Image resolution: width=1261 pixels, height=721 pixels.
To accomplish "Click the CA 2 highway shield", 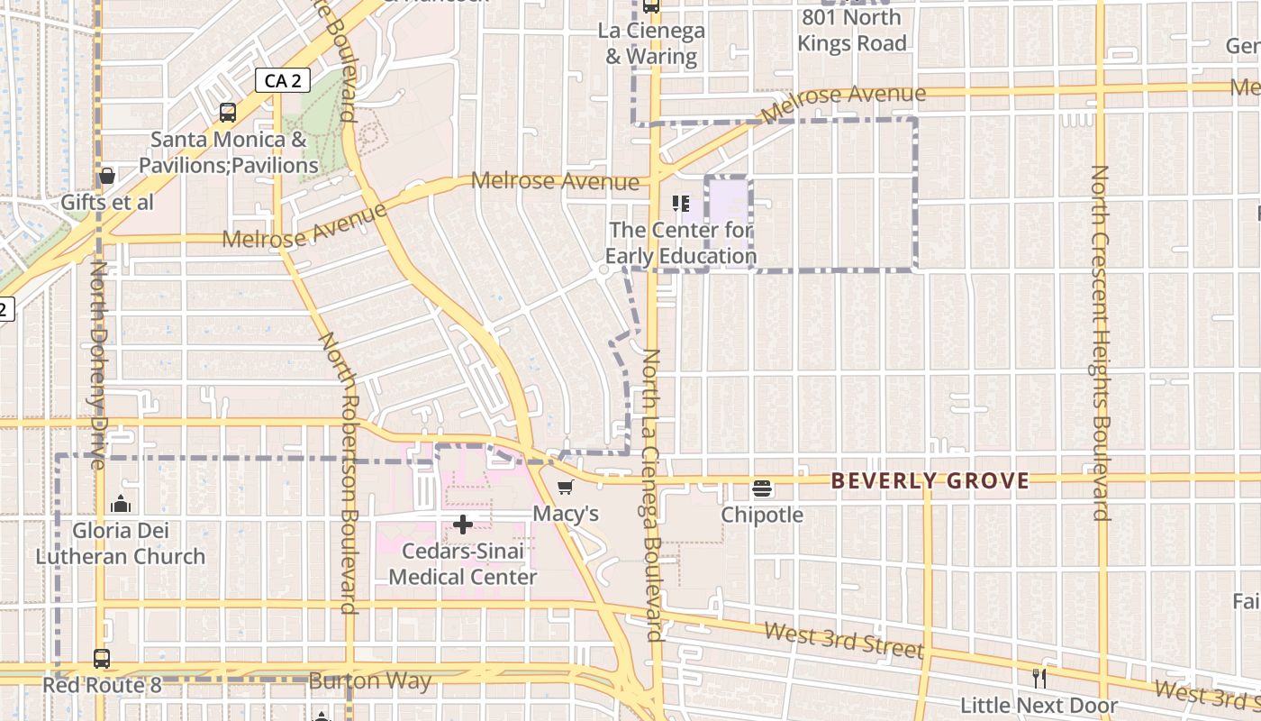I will tap(282, 80).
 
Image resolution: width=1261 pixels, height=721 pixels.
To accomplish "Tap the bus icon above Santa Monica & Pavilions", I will tap(228, 113).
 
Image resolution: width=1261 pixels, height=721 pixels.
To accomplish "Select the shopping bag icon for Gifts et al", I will tap(106, 176).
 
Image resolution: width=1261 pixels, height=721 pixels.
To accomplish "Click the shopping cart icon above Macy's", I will tap(565, 488).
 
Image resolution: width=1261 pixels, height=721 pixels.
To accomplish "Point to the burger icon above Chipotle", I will tap(762, 488).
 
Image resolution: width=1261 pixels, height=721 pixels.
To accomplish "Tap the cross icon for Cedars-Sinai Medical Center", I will tap(463, 525).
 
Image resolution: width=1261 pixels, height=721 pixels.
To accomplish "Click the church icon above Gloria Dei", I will tap(120, 504).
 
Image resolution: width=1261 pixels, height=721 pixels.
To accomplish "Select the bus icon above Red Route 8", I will tap(102, 659).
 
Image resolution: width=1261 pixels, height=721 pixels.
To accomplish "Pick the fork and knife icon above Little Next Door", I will tap(1039, 678).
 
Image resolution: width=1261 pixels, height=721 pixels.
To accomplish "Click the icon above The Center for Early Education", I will tap(681, 204).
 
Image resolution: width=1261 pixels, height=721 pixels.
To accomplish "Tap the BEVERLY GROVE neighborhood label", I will tap(930, 480).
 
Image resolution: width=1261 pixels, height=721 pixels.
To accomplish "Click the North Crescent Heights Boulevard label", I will tap(1100, 342).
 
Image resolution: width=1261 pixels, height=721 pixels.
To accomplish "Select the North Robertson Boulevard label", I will tap(345, 472).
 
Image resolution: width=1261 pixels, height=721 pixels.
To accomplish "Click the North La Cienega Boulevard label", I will tap(653, 495).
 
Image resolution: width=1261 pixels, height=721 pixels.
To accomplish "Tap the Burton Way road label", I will tap(370, 680).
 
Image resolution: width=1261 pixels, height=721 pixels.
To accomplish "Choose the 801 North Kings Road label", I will tap(851, 30).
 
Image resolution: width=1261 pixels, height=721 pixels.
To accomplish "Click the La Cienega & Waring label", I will tap(651, 43).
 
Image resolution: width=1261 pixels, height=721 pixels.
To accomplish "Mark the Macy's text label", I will tap(566, 514).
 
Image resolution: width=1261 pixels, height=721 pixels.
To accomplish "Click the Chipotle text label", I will tap(762, 515).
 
